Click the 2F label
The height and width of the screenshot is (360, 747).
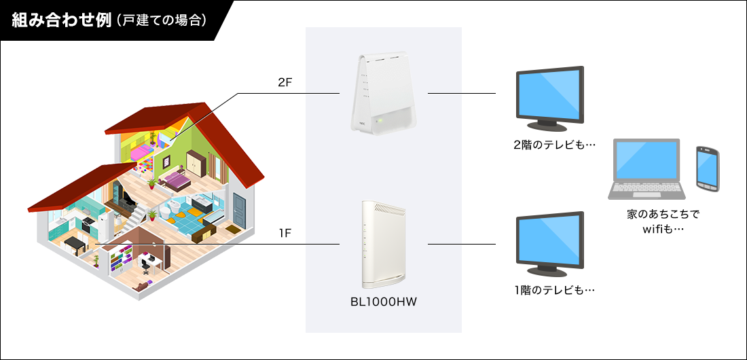(x=285, y=82)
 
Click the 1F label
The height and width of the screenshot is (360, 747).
(x=285, y=234)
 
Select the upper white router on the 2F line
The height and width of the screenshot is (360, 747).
(x=384, y=93)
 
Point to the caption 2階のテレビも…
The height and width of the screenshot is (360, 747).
(x=554, y=145)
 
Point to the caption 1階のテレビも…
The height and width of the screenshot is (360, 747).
(x=554, y=291)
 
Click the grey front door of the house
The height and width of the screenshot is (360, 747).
(x=240, y=207)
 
